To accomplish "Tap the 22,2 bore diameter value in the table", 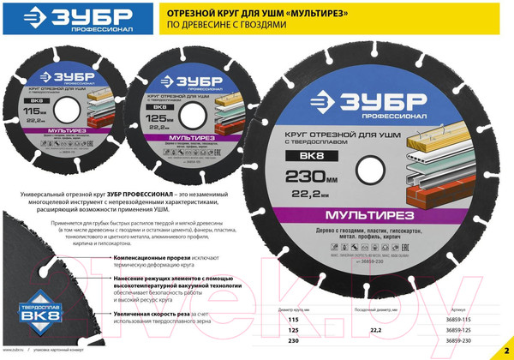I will click(375, 329).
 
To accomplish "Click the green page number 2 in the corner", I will click(505, 350).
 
